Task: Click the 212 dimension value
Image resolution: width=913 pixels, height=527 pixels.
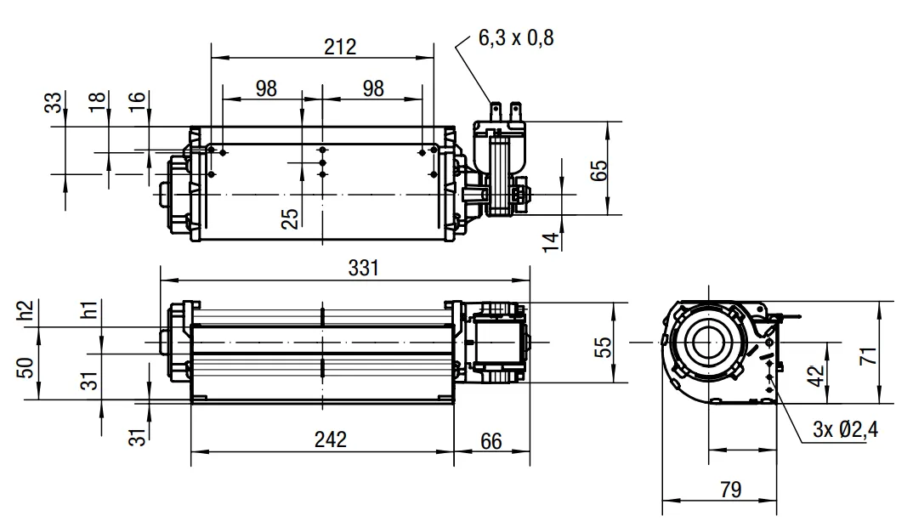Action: coord(340,47)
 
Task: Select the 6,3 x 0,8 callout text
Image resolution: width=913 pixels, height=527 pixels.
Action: coord(516,38)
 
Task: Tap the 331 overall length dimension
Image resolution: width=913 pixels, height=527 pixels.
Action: coord(363,268)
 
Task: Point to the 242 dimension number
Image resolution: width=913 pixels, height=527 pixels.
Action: coord(330,439)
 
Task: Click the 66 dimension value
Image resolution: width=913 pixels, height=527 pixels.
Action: coord(491,441)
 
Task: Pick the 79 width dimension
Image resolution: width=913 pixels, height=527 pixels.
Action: coord(731,490)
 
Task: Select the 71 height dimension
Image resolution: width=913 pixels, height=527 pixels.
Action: coord(868,355)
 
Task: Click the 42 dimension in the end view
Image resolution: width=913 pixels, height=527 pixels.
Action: coord(817,376)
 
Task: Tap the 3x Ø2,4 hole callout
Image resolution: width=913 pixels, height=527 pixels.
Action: coord(846,430)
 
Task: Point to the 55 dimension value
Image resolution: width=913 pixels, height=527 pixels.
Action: coord(604,347)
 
